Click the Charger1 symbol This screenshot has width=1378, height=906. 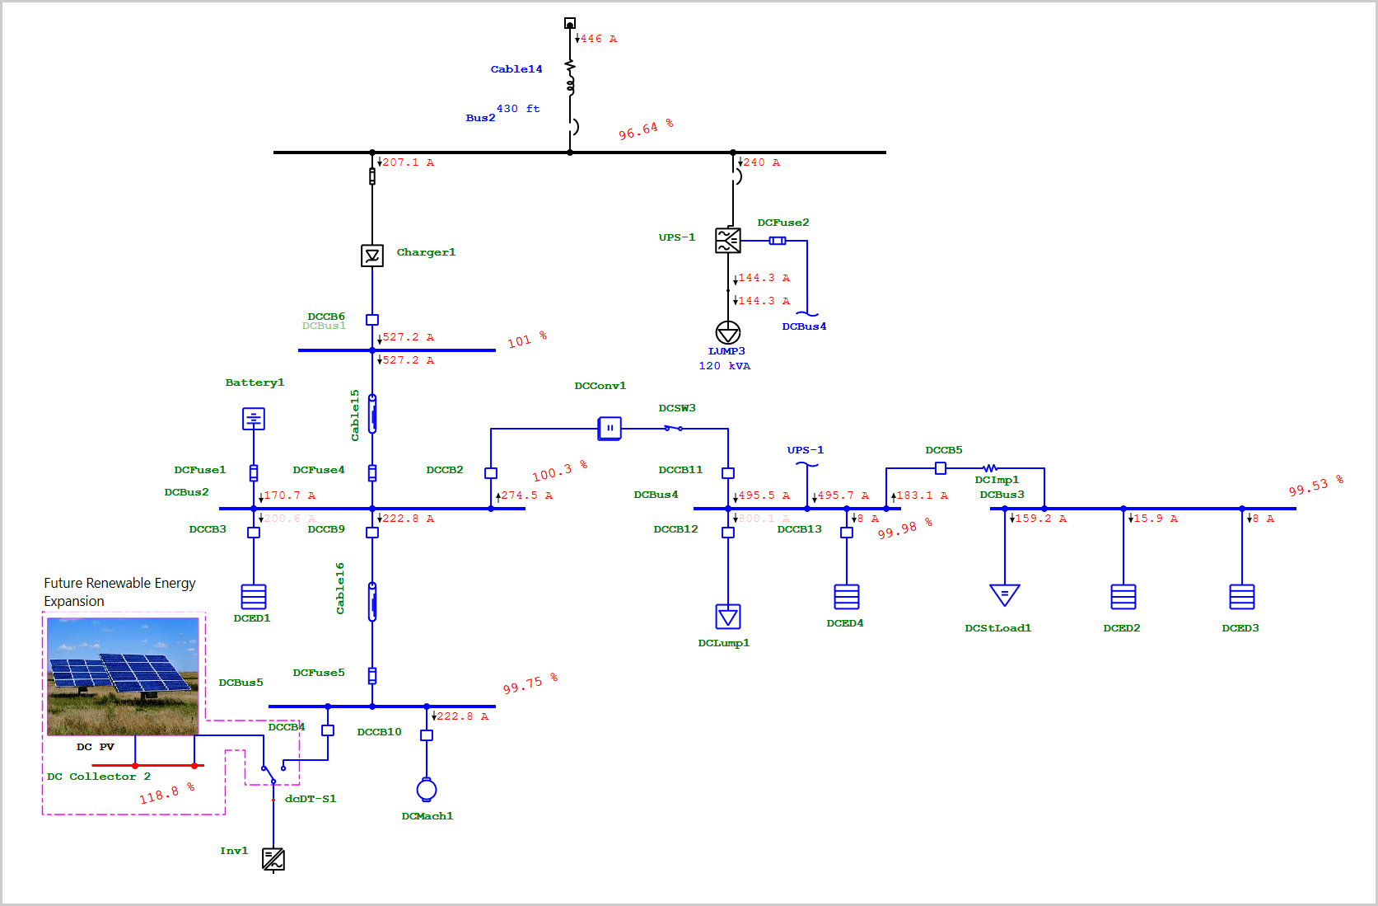(372, 256)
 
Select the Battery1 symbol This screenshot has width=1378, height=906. (254, 419)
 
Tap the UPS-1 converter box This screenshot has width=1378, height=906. (728, 241)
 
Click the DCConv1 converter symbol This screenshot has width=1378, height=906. (610, 428)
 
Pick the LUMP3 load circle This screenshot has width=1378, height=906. (728, 332)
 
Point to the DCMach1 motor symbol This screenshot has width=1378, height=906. (427, 790)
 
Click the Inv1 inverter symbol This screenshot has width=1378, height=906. (273, 859)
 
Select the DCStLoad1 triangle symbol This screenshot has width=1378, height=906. (1005, 594)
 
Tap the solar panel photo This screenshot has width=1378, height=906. (123, 676)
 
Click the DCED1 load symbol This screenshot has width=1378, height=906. (254, 597)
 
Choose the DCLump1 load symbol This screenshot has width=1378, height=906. (728, 617)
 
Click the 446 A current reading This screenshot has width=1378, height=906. (599, 39)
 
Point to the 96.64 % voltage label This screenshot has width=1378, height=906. (646, 129)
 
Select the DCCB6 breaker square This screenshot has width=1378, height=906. (372, 320)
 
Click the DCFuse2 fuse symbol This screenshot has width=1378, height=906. (778, 241)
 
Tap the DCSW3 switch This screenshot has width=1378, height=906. (674, 428)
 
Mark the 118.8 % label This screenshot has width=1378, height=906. (166, 794)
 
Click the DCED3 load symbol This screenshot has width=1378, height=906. (1242, 597)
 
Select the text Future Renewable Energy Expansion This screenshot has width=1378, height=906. (119, 592)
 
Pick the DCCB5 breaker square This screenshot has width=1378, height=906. (941, 468)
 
